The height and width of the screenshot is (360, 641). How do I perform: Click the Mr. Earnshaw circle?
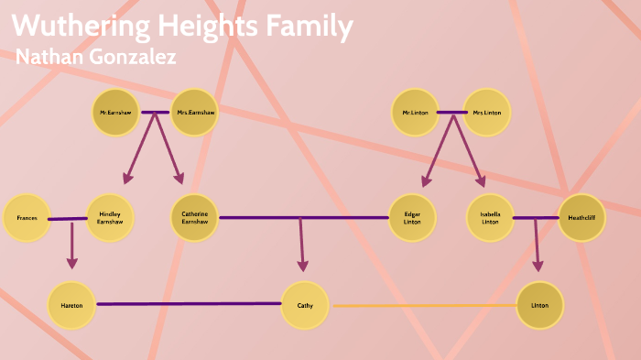click(115, 113)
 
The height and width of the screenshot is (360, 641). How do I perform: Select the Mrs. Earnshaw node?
click(194, 113)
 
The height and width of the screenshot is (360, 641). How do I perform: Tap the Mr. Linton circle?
click(414, 113)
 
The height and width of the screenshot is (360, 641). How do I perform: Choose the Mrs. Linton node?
click(486, 113)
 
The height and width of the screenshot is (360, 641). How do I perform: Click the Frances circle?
click(27, 218)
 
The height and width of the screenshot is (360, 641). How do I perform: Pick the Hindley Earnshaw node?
click(110, 218)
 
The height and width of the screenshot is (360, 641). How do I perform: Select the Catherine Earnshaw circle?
click(195, 218)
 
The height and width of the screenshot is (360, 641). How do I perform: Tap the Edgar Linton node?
click(412, 218)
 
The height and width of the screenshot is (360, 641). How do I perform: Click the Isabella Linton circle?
click(490, 218)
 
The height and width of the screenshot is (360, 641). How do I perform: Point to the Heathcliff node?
click(581, 218)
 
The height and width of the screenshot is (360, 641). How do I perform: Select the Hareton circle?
click(71, 305)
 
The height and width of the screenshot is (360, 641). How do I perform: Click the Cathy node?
click(305, 305)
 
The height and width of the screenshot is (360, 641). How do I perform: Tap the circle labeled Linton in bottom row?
click(539, 305)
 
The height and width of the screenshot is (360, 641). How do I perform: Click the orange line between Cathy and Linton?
click(421, 305)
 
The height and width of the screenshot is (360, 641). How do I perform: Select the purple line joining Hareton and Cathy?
click(188, 303)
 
